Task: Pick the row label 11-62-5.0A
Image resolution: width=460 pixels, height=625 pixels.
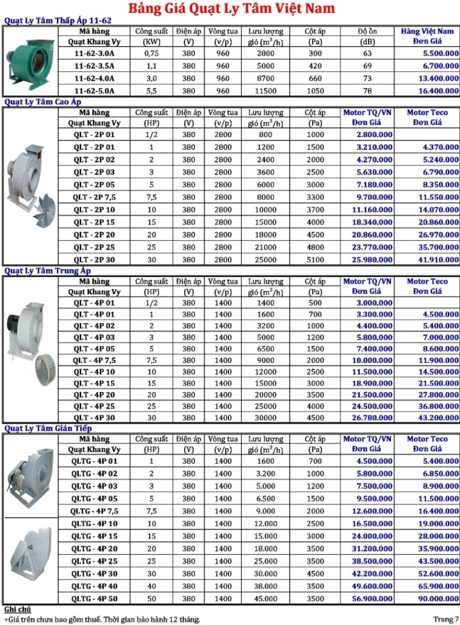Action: tap(93, 90)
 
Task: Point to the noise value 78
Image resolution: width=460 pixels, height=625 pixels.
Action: tap(367, 90)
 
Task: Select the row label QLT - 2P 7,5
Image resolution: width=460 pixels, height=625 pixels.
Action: tap(93, 197)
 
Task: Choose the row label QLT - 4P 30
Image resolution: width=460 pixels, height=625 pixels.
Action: tap(93, 418)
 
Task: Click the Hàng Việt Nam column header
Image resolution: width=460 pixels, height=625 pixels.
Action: tap(427, 31)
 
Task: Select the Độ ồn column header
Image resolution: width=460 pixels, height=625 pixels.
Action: tap(367, 31)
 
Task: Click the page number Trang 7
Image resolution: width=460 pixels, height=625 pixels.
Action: tap(446, 619)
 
